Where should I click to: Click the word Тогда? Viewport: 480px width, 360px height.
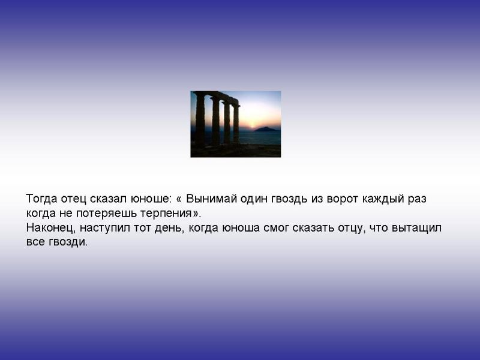pos(41,199)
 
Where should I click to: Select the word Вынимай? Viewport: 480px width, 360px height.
pos(212,199)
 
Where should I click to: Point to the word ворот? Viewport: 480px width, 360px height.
pos(343,199)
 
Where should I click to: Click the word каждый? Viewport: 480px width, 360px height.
pos(383,199)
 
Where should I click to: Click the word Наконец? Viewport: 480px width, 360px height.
pos(51,228)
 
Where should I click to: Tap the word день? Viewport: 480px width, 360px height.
pos(170,229)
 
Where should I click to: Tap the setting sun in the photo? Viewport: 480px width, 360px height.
pos(252,125)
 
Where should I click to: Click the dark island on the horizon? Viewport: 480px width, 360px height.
pos(266,129)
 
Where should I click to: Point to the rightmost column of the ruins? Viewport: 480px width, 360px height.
pos(236,124)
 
